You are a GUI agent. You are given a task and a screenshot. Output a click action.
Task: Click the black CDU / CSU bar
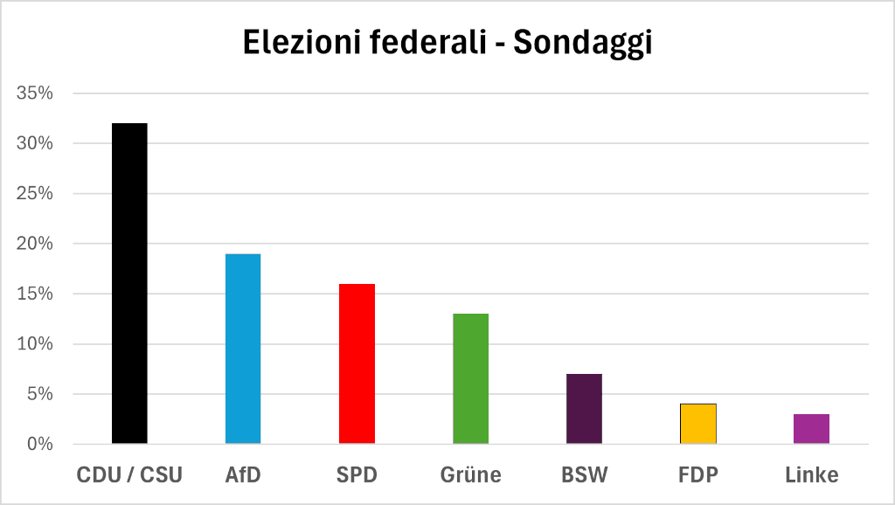coord(129,283)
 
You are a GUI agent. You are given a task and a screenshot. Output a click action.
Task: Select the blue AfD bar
coord(243,349)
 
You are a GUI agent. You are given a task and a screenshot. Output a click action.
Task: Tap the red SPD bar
coord(357,363)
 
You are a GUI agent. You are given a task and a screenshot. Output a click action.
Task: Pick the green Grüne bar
coord(471,378)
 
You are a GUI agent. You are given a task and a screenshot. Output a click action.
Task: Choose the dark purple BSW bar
coord(584,409)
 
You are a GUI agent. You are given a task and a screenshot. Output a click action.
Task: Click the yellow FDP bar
coord(698,424)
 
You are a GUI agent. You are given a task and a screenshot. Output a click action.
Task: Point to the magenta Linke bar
coord(812,428)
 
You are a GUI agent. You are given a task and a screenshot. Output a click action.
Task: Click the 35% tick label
coord(35,93)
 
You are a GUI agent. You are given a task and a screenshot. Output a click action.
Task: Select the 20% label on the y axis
coord(35,243)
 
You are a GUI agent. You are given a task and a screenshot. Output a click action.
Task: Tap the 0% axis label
coord(40,444)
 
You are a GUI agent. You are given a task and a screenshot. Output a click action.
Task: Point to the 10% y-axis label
coord(35,343)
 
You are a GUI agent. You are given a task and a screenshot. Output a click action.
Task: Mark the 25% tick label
coord(35,193)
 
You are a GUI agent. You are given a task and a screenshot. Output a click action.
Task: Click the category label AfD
coord(243,474)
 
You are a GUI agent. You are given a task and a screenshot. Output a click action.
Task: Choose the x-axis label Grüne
coord(471,474)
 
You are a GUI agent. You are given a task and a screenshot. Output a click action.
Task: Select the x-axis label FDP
coord(698,474)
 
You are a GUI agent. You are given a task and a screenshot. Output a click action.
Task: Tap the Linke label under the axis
coord(812,474)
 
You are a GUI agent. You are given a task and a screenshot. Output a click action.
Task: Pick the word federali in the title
coord(427,42)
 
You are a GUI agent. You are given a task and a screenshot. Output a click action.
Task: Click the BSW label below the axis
coord(585,474)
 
